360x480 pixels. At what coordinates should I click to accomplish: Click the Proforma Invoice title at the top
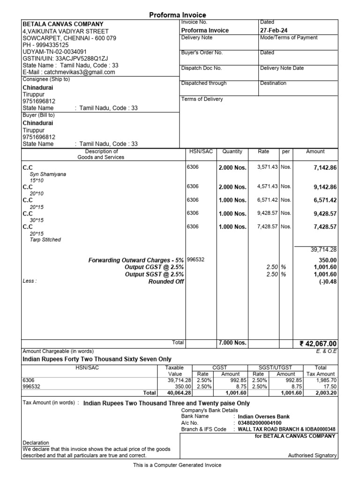[177, 15]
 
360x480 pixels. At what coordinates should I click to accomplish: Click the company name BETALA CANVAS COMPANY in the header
[63, 24]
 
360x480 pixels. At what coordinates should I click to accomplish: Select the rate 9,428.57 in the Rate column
[268, 213]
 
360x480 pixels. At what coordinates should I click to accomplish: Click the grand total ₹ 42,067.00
[318, 344]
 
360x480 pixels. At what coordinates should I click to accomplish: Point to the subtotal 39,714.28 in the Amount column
[323, 250]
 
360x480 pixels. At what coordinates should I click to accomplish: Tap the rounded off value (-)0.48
[328, 282]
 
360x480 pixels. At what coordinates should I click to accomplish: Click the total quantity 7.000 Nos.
[232, 343]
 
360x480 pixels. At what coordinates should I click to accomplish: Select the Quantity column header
[232, 151]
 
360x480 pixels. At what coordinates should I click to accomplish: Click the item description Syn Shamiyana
[48, 174]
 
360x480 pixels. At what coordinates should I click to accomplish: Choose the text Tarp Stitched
[45, 240]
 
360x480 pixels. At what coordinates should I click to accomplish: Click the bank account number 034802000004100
[260, 423]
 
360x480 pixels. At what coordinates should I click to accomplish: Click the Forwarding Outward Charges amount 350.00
[327, 259]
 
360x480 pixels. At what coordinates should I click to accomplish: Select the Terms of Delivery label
[202, 99]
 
